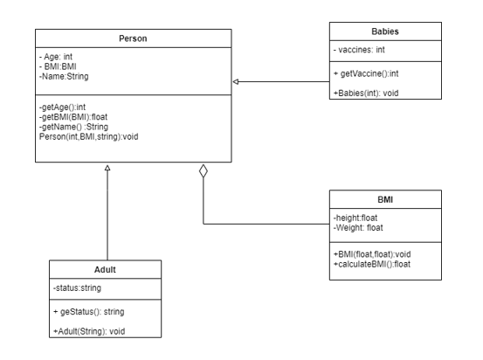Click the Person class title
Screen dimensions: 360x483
[x=133, y=38]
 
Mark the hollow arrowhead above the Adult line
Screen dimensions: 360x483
[x=107, y=167]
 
